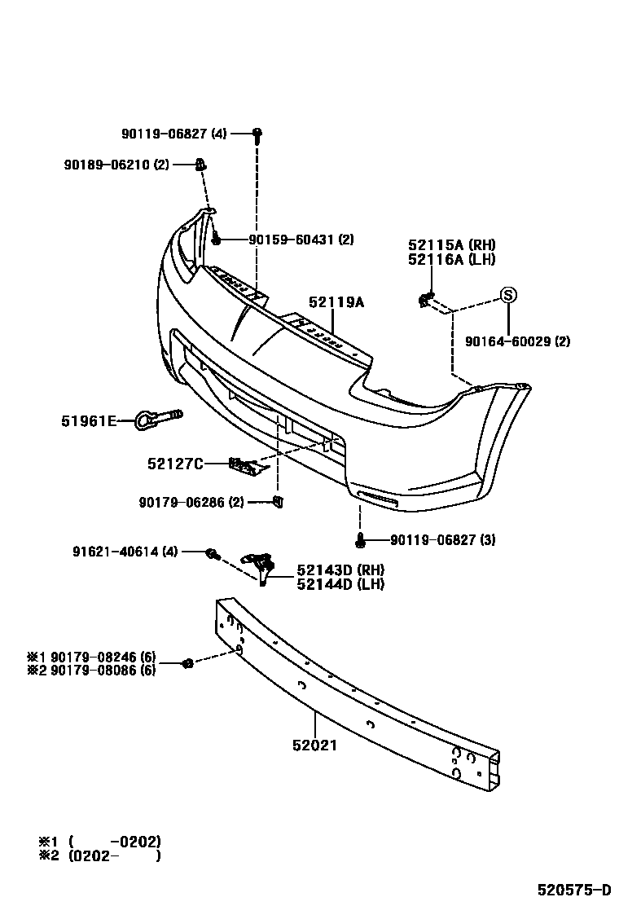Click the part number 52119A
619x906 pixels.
point(336,302)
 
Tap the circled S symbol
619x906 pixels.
point(507,296)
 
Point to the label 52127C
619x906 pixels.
point(175,464)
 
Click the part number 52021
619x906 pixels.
point(314,745)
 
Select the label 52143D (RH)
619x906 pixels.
point(340,570)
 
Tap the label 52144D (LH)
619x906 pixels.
point(340,583)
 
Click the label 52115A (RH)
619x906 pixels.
point(451,246)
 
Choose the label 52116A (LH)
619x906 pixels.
point(451,259)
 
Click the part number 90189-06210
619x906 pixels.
point(106,165)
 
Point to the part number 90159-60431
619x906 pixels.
point(290,240)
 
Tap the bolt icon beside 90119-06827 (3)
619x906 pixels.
point(359,539)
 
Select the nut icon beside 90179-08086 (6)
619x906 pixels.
point(187,663)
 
